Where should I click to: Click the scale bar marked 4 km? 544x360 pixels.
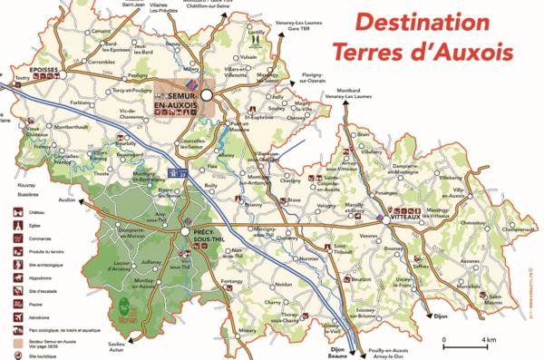tap(463, 345)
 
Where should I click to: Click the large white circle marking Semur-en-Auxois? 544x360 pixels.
tap(207, 92)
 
